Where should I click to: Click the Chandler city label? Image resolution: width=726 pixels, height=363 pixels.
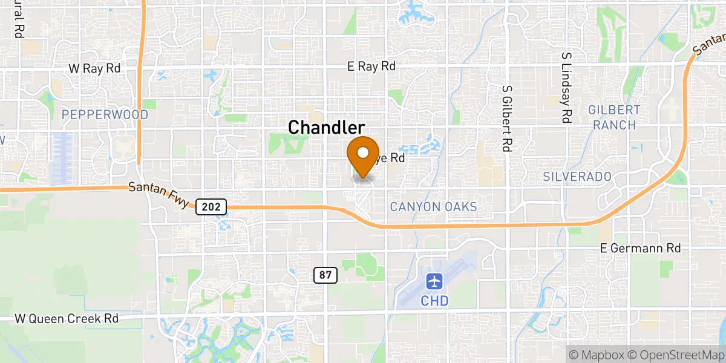pos(327,128)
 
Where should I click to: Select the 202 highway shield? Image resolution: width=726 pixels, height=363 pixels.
pos(211,207)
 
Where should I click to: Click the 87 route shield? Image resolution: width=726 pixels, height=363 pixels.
pos(325,275)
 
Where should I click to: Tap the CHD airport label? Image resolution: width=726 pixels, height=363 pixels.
pos(435,300)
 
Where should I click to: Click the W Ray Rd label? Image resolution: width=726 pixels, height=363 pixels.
pos(94,68)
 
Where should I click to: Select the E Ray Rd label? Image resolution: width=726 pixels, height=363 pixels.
pos(371,67)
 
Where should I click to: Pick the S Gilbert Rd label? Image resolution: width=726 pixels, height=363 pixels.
pos(506,118)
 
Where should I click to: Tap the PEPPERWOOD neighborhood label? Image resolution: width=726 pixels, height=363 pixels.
pos(105,114)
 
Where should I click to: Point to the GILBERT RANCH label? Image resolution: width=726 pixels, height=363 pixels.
pos(614,118)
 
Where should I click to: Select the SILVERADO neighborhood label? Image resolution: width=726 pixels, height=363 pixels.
pos(577,176)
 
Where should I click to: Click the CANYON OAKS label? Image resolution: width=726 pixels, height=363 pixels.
pos(433,207)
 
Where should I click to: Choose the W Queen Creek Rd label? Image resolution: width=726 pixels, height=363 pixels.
pos(67,318)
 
